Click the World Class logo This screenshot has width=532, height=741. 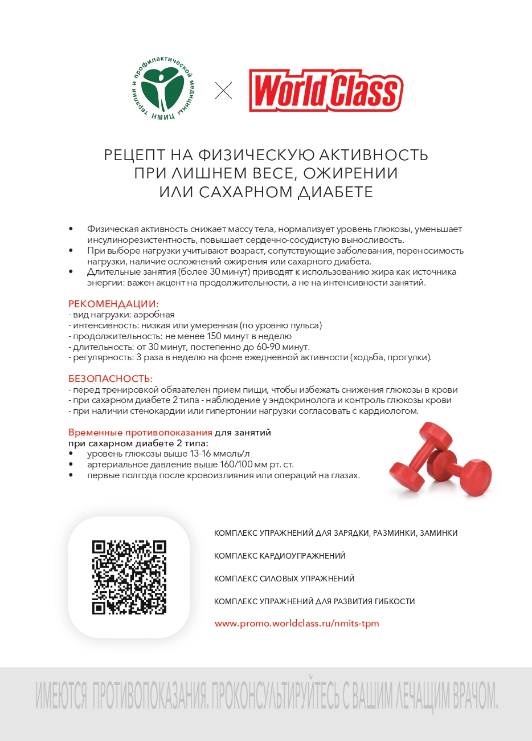click(x=326, y=91)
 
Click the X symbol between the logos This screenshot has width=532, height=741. click(x=223, y=91)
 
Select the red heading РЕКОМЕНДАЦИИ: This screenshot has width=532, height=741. click(x=113, y=304)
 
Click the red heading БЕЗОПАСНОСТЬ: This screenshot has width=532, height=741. click(x=111, y=378)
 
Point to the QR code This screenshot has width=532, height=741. click(x=129, y=577)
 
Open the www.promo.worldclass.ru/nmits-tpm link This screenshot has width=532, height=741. click(x=297, y=623)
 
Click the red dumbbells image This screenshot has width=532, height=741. click(x=440, y=459)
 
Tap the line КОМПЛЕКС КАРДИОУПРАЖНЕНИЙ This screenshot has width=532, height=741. click(x=280, y=556)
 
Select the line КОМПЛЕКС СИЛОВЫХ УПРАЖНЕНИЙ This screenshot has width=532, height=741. click(x=284, y=579)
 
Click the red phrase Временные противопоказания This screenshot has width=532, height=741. click(x=140, y=433)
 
